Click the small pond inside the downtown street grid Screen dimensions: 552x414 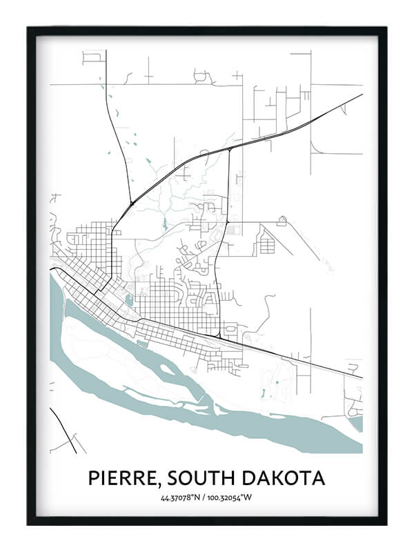(129, 300)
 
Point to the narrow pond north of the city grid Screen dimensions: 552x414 (164, 224)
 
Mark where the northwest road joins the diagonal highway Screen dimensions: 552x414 (131, 203)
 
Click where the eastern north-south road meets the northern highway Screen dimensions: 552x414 (229, 148)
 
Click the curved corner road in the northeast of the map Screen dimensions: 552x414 (316, 147)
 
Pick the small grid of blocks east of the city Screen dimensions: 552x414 (267, 242)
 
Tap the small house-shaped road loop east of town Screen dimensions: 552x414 (282, 221)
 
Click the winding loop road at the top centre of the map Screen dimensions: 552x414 (204, 76)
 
